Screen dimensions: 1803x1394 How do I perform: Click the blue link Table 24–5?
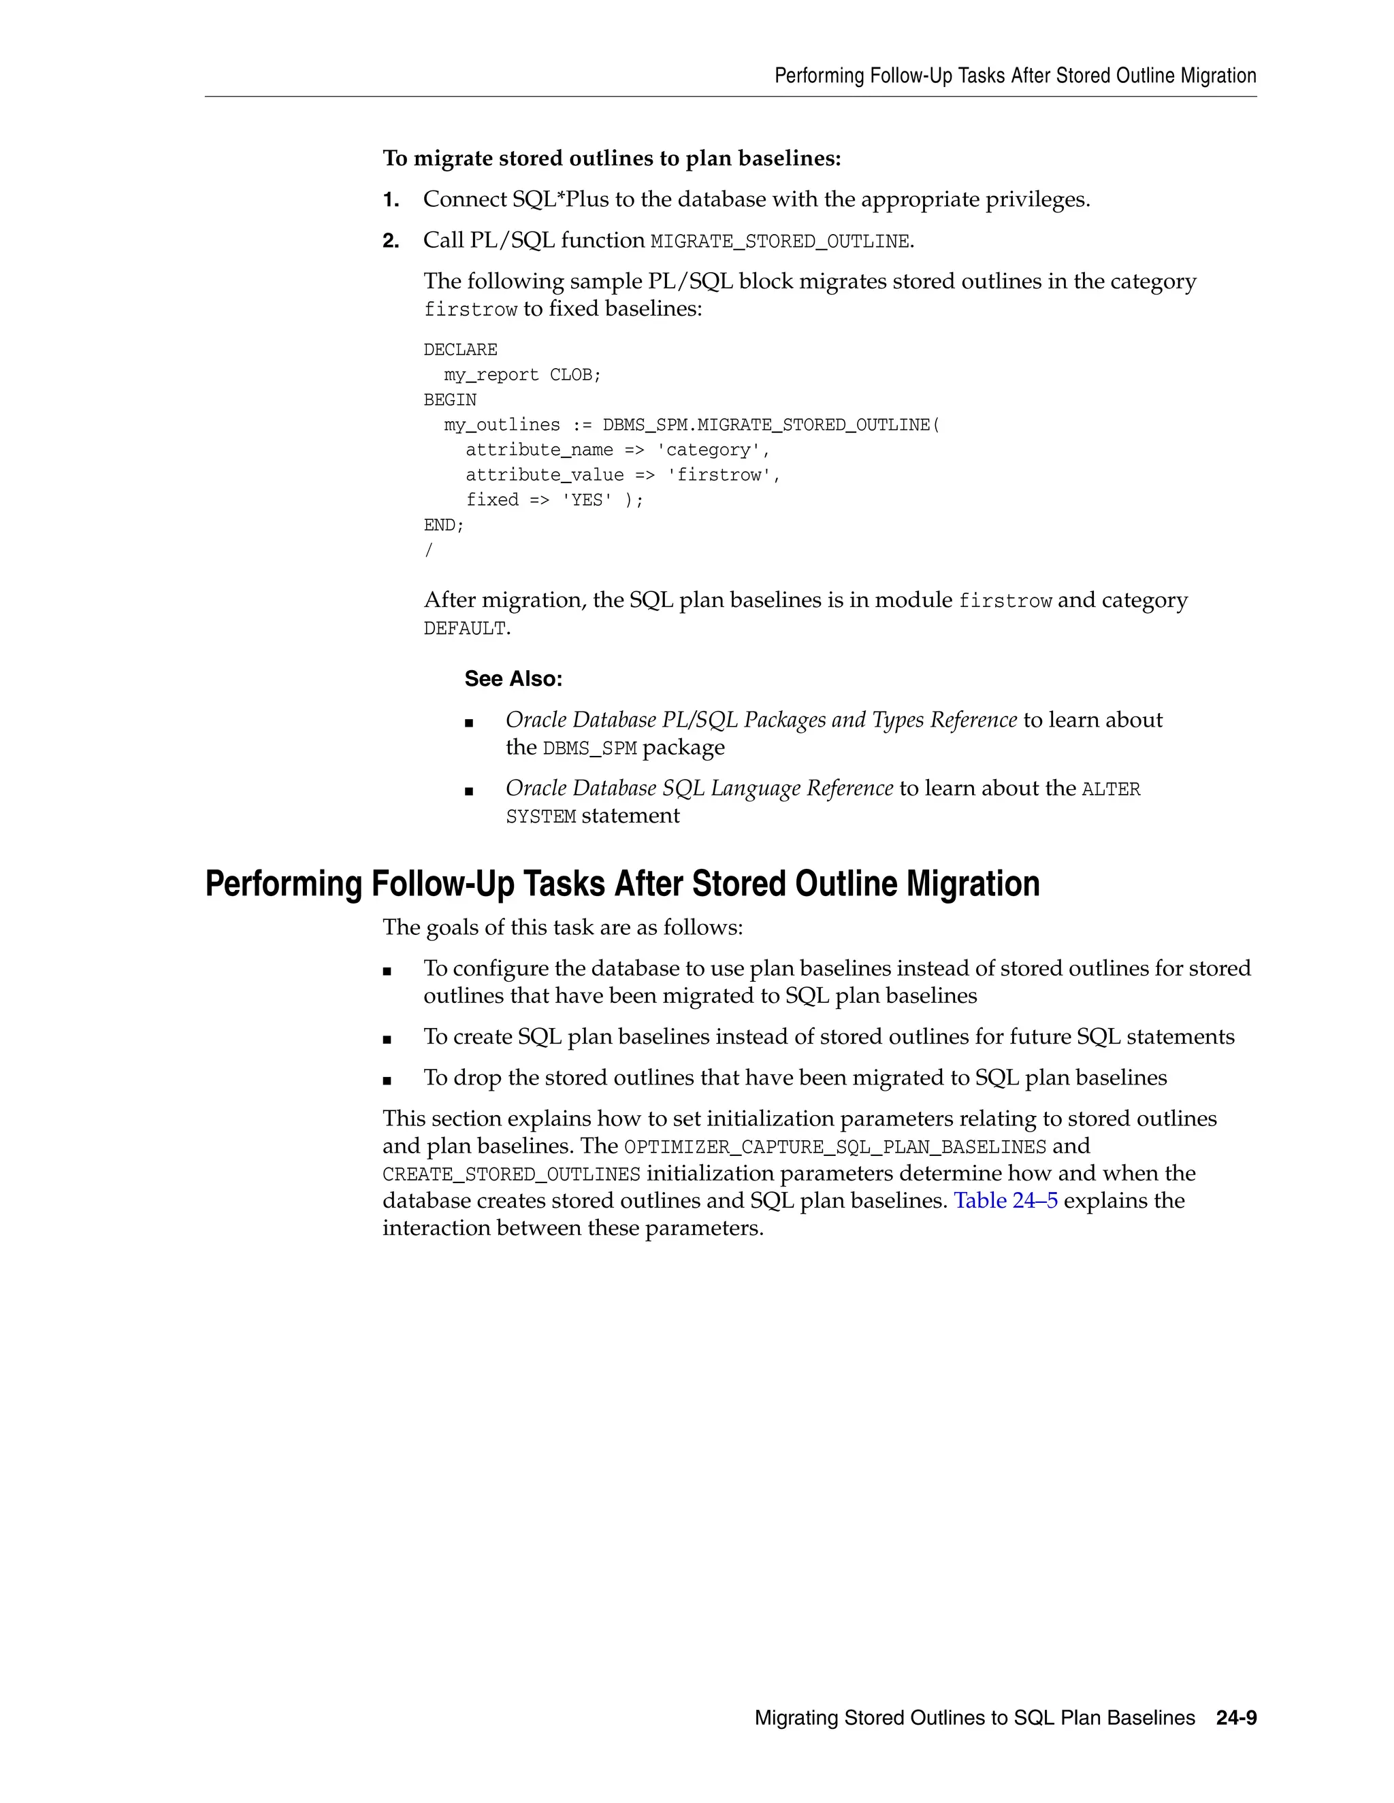[x=1005, y=1200]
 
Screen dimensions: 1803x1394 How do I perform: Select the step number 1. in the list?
[x=391, y=200]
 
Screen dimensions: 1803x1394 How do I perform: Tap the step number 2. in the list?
[x=391, y=241]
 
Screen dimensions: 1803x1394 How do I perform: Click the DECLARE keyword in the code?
[x=460, y=350]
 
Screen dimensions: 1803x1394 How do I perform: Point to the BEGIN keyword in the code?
[x=450, y=400]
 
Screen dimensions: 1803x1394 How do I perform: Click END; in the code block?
[x=444, y=525]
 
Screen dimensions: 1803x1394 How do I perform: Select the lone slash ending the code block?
[x=427, y=550]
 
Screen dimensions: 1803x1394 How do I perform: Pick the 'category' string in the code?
[x=713, y=450]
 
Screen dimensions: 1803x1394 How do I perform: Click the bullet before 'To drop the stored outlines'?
[x=387, y=1080]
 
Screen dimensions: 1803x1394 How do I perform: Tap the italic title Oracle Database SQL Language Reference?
[x=698, y=789]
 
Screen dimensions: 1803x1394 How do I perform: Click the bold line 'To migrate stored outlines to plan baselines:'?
[x=611, y=159]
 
